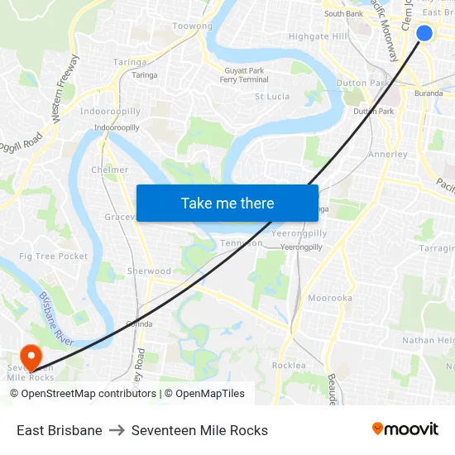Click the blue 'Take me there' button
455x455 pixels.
click(227, 203)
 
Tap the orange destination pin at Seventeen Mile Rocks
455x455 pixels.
click(31, 357)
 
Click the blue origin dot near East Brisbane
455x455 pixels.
click(424, 33)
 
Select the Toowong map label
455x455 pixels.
click(192, 26)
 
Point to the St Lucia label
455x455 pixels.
click(272, 97)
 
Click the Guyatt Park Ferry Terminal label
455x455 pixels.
click(245, 75)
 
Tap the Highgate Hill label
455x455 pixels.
click(318, 36)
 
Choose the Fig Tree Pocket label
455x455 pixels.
click(54, 256)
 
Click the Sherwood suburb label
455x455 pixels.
click(149, 271)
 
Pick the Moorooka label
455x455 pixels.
click(330, 298)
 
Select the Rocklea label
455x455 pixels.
click(289, 366)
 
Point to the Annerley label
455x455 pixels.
click(387, 155)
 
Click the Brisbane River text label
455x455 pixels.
click(56, 319)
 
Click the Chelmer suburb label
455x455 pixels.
click(109, 170)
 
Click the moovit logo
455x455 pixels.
click(405, 429)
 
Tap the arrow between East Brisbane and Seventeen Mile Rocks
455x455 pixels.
click(117, 430)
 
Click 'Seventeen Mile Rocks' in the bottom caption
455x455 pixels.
click(199, 430)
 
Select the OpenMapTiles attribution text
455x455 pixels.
click(210, 394)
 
